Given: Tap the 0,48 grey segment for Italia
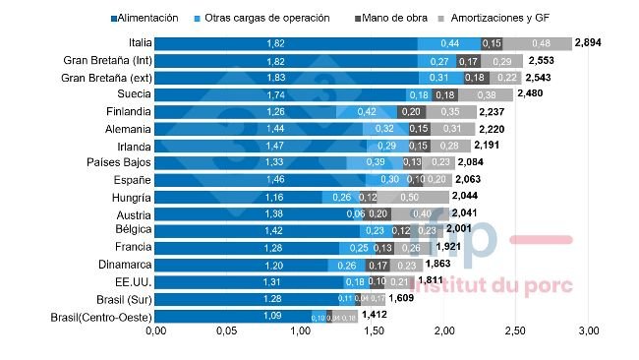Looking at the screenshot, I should [541, 43].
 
